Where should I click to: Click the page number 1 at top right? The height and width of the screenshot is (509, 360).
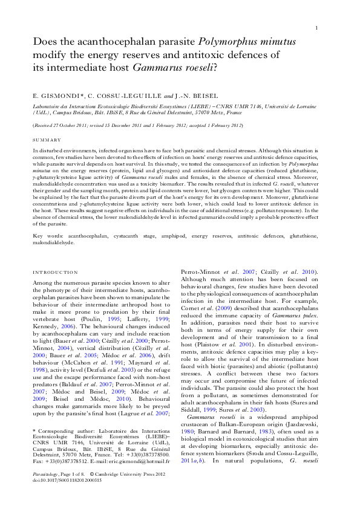(317, 28)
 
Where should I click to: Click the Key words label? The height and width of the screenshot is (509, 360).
(47, 233)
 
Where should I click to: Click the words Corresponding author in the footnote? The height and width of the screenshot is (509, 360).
(65, 430)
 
